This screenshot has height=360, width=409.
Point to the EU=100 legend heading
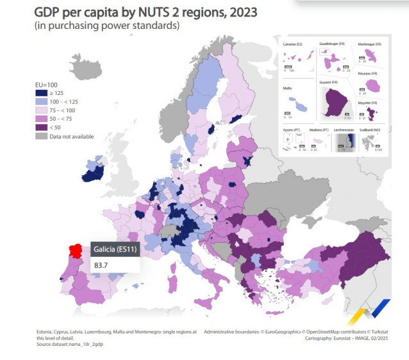pyautogui.click(x=46, y=85)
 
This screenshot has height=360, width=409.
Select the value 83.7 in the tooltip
pyautogui.click(x=101, y=264)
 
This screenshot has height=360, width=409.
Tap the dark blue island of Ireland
pyautogui.click(x=95, y=171)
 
